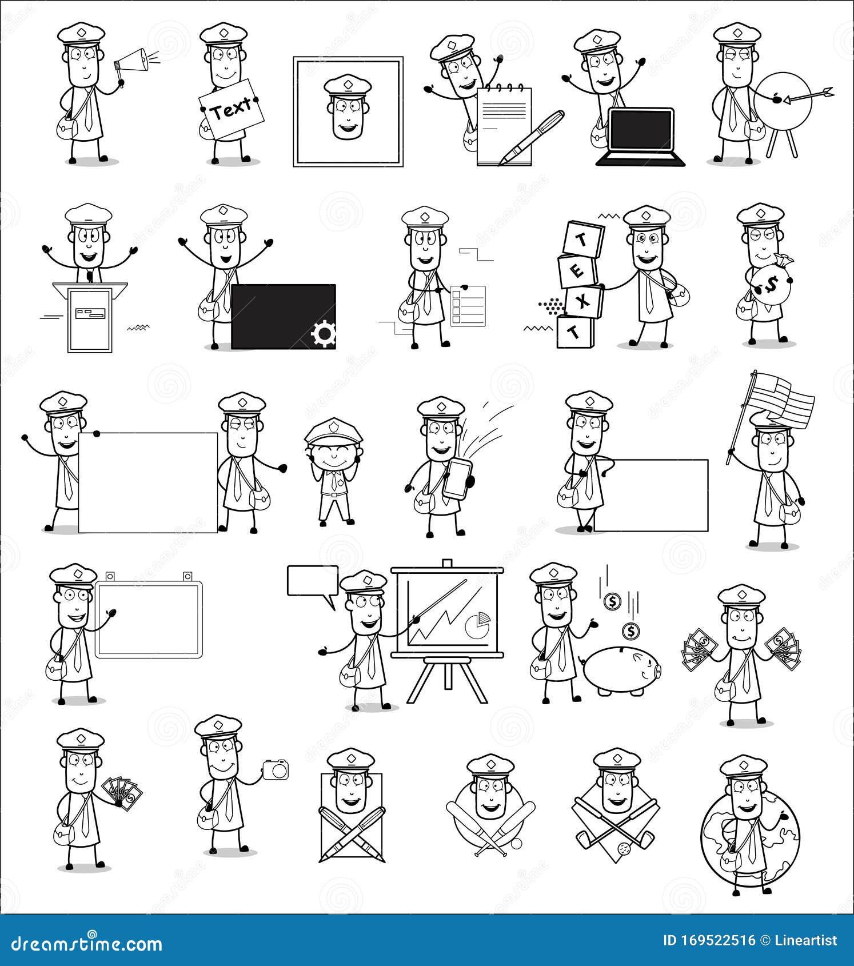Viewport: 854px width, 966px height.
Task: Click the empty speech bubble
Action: [x=312, y=581]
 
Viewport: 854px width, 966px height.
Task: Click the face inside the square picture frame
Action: [x=348, y=113]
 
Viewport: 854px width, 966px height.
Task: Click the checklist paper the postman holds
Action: [x=468, y=306]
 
